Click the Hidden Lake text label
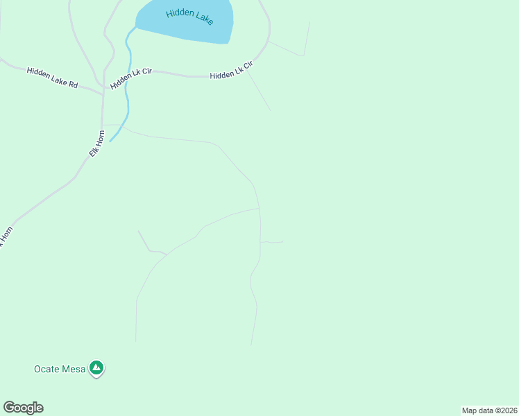(x=189, y=17)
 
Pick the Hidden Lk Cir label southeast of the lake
(x=231, y=70)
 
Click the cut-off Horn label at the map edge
(x=5, y=239)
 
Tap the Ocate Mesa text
(x=60, y=369)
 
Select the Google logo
(x=23, y=408)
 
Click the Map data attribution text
(x=489, y=410)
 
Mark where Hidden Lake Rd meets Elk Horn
(x=103, y=90)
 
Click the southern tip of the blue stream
(x=111, y=141)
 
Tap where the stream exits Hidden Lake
(x=136, y=27)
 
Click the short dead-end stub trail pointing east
(x=272, y=242)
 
